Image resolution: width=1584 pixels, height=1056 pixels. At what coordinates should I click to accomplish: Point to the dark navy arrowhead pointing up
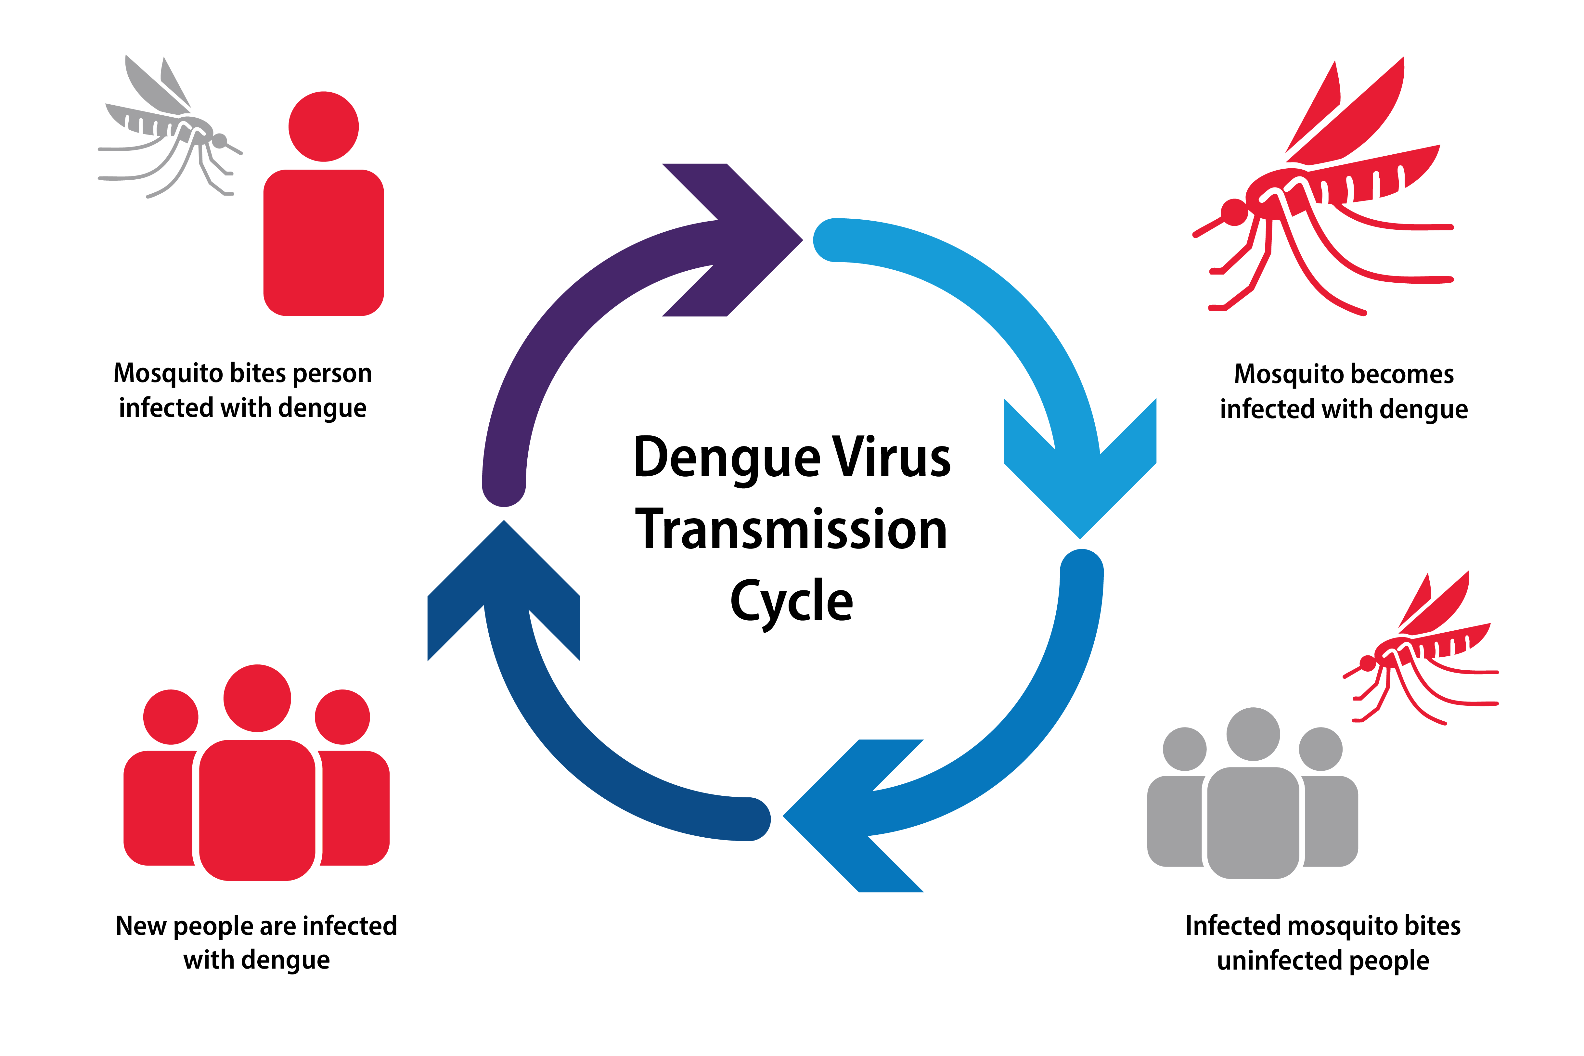pos(504,586)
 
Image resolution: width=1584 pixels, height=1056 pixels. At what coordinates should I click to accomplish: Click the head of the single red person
pos(323,127)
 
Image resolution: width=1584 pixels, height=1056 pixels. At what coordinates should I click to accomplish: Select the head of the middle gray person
pos(1253,734)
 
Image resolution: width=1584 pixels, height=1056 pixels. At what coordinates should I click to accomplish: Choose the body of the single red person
pos(323,242)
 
